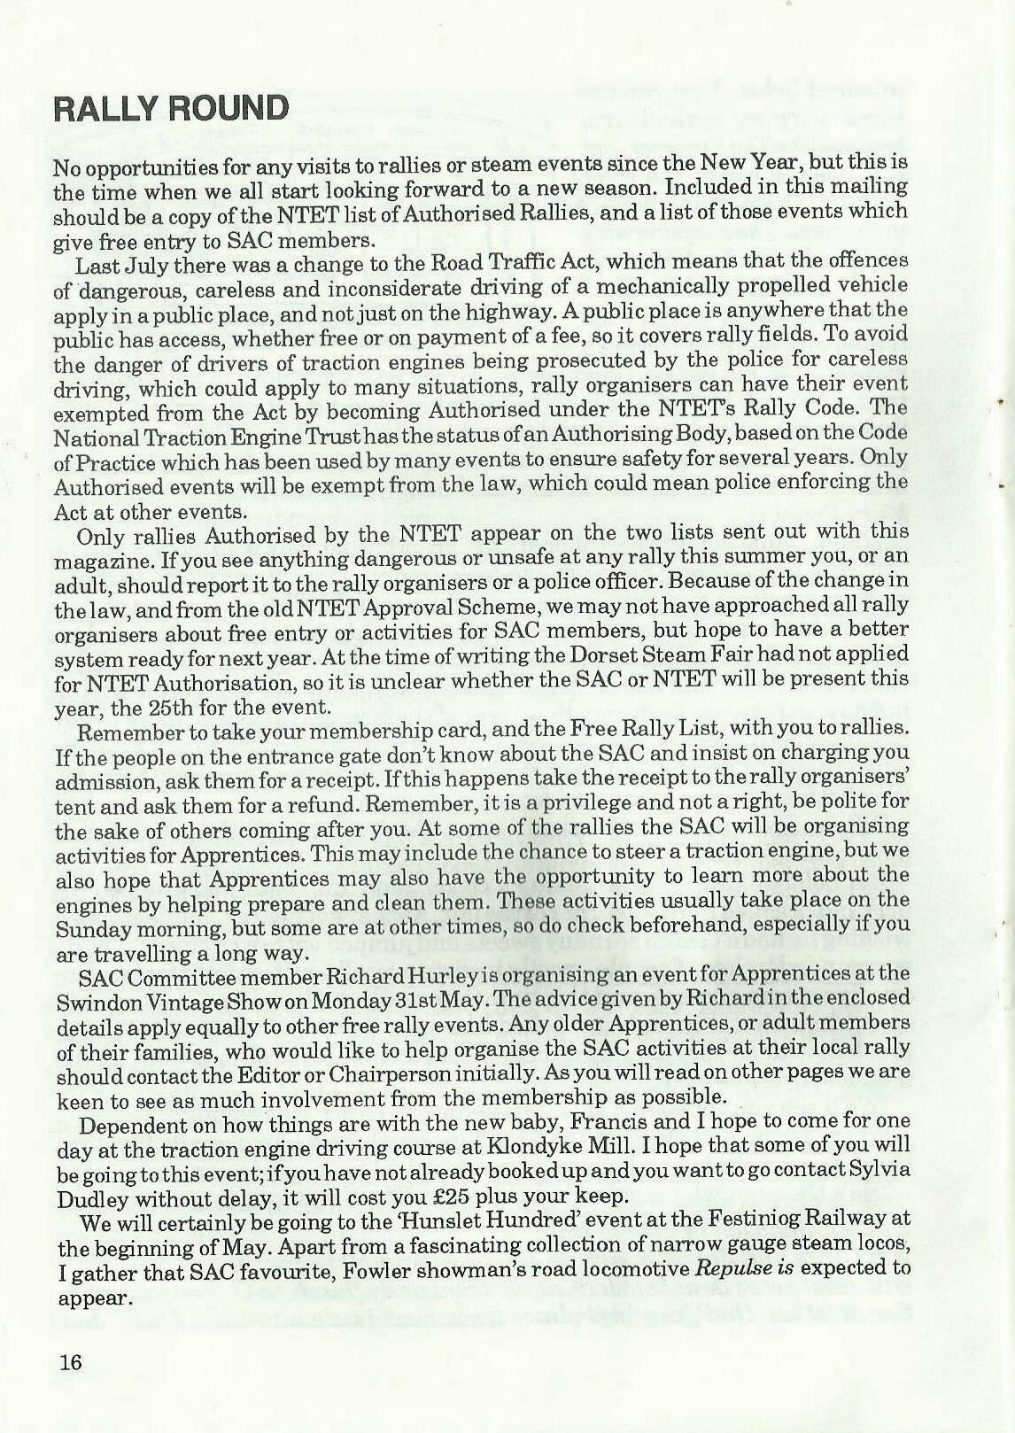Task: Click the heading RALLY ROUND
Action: click(171, 109)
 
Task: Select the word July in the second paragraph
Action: click(134, 266)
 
